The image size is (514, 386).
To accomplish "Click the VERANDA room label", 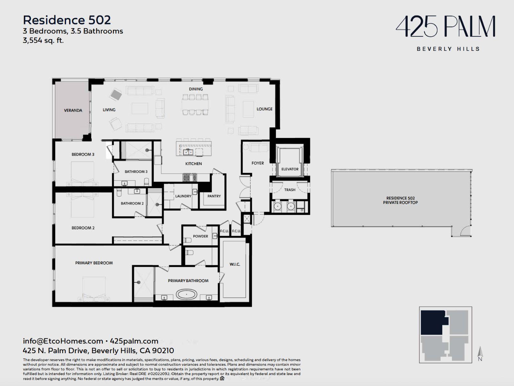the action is (73, 110).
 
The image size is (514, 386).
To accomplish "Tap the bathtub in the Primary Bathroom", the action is (186, 294).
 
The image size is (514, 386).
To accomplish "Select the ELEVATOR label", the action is (290, 169).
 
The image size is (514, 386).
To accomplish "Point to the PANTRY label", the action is (214, 196).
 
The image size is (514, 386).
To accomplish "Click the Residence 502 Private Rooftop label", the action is (400, 200).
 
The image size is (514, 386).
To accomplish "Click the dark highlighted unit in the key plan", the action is (433, 323).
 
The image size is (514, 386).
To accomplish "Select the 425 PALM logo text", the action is (445, 26).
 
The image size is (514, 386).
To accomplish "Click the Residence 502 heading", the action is (67, 20).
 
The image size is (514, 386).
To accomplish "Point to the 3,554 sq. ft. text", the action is (43, 41).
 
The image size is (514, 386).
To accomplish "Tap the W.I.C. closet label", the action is (235, 264).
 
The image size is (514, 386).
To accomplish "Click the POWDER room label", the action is (200, 236).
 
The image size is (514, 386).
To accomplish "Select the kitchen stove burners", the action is (190, 178).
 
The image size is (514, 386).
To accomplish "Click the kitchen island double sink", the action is (188, 152).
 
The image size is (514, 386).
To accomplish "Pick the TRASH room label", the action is (290, 190).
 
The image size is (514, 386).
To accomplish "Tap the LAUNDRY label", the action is (183, 196).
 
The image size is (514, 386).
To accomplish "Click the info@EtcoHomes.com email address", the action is (63, 341).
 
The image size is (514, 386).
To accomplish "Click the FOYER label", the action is (258, 163).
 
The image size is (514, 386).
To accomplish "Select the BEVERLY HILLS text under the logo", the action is (448, 49).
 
